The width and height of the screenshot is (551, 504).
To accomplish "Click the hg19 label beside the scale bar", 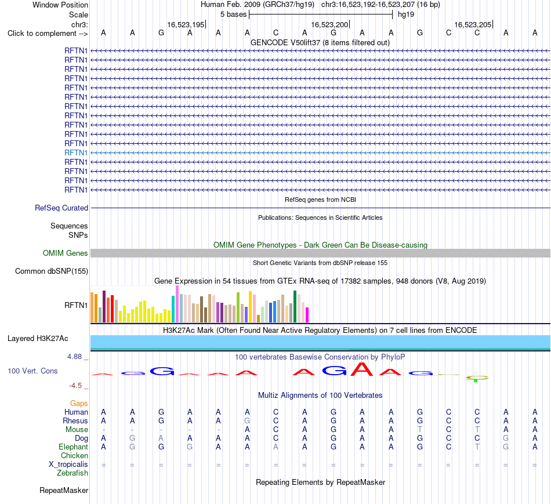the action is coord(406,14).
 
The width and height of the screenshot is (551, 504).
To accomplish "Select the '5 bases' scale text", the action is coord(233,14).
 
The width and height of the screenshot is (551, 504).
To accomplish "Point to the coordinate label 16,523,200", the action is coord(329,24).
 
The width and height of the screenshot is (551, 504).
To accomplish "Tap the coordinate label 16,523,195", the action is coord(186,24).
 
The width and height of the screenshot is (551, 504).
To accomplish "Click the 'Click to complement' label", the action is coord(42,34).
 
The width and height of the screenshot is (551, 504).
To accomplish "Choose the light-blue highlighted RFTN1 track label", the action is coord(76,153).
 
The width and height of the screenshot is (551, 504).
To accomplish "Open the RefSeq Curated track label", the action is coord(61,208).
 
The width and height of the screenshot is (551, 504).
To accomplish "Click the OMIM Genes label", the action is coord(66,253).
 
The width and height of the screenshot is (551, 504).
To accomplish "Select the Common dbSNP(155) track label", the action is coord(52,271).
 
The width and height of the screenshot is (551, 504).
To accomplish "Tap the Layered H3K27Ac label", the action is coord(38,339).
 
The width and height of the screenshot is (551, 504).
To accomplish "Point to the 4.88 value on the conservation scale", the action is coord(74,356).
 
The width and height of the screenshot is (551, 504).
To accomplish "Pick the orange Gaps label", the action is coord(79,403).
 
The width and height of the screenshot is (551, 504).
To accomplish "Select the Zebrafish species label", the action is coord(72,473).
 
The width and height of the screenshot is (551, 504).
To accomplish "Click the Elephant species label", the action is coord(73,447).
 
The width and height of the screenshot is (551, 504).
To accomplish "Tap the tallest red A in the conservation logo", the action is coord(362,369).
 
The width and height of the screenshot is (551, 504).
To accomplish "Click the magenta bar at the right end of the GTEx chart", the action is coord(307,315).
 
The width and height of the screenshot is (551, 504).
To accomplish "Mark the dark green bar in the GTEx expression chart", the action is coord(295,306).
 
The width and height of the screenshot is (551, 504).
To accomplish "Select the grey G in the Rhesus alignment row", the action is coord(247,420).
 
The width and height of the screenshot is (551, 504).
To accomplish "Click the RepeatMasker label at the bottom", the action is coord(64,490).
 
